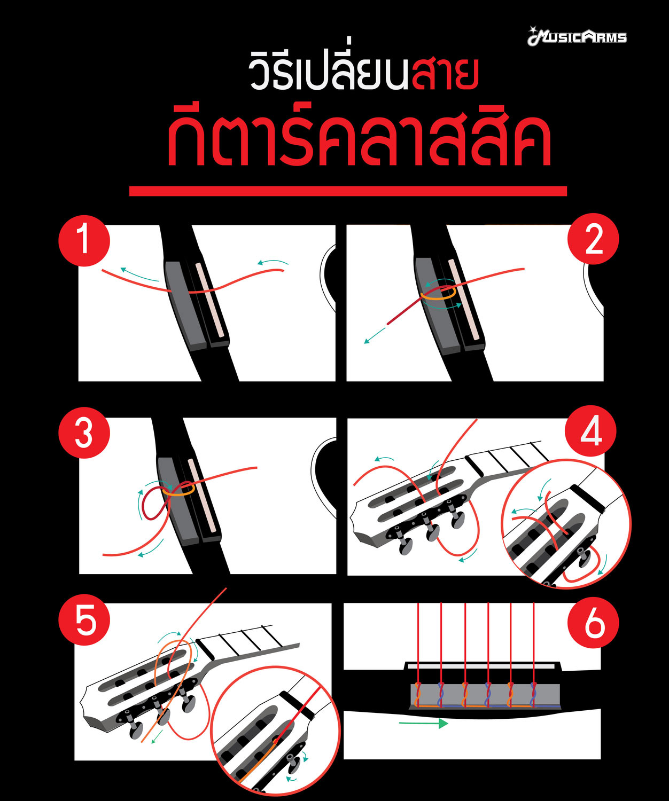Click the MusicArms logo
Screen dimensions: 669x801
click(x=577, y=37)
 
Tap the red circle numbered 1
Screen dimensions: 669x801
click(x=84, y=240)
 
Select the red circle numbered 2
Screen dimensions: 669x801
click(x=593, y=239)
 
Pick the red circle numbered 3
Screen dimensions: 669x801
click(x=84, y=433)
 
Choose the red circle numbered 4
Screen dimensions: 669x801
click(x=590, y=431)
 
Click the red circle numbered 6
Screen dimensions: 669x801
click(x=593, y=623)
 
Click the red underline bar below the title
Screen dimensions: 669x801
click(x=348, y=191)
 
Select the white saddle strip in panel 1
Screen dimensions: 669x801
click(x=209, y=300)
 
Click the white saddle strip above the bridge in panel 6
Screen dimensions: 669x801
click(x=481, y=666)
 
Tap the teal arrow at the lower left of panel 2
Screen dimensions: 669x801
click(x=374, y=335)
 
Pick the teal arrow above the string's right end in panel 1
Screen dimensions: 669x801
click(x=273, y=262)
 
